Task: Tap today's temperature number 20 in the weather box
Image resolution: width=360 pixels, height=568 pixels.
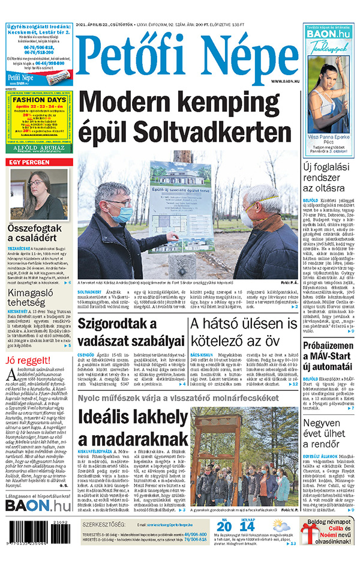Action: [224, 527]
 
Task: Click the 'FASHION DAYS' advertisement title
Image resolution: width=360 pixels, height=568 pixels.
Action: [40, 100]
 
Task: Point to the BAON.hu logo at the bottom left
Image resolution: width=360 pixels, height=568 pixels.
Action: [38, 506]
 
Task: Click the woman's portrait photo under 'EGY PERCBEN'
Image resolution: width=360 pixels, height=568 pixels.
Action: [39, 193]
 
